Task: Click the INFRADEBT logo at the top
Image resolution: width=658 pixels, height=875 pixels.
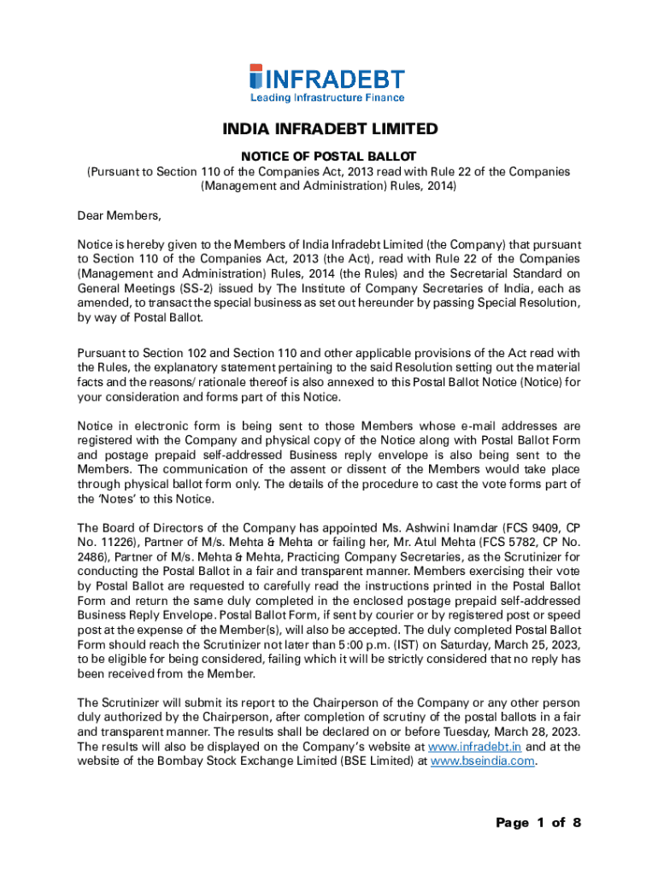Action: [327, 79]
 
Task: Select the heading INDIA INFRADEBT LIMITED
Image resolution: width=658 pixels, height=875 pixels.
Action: [330, 130]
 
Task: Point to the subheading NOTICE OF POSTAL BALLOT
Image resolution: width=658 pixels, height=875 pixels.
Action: [329, 156]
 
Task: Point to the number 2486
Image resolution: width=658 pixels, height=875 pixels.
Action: [97, 555]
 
